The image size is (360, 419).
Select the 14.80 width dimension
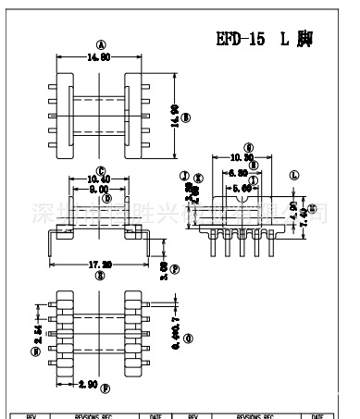[98, 55]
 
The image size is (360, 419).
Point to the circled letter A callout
[98, 44]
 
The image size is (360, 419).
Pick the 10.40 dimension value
[100, 179]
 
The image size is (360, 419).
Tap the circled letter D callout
[107, 198]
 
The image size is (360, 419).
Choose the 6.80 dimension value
[240, 172]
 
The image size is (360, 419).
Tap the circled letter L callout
[293, 174]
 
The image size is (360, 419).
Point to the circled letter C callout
[100, 170]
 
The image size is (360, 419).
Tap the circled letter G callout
[249, 147]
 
